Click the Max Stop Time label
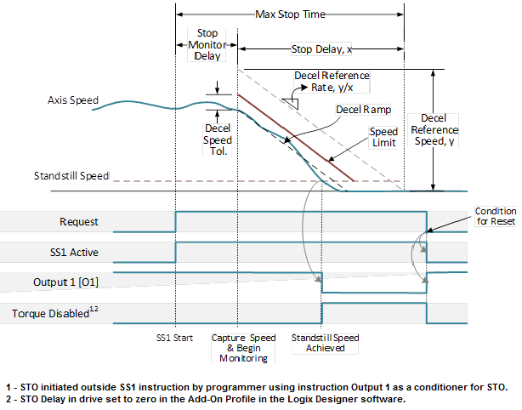(290, 14)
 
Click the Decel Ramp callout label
(363, 110)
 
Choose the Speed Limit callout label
(384, 138)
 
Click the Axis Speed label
(74, 100)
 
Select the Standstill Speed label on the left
(71, 176)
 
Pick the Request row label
(78, 222)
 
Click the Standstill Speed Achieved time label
(325, 342)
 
